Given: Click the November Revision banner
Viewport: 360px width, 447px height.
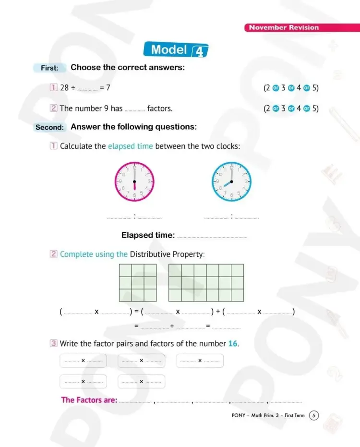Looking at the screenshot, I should click(284, 27).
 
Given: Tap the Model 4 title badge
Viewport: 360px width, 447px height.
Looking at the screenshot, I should click(176, 50).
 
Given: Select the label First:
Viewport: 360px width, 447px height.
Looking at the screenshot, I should click(49, 68).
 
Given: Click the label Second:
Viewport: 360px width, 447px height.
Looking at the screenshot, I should click(49, 128).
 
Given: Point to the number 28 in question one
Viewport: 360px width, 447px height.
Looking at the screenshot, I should click(64, 88).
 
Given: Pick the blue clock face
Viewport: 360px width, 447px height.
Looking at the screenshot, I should click(231, 181).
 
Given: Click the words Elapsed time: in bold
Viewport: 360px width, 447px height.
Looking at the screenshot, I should click(148, 235).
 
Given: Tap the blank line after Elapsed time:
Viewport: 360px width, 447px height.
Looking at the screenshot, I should click(212, 237).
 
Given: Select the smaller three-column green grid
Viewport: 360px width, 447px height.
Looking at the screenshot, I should click(138, 282).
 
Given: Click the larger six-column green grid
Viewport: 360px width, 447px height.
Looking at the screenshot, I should click(206, 282).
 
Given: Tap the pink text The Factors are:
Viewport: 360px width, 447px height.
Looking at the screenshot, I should click(89, 399).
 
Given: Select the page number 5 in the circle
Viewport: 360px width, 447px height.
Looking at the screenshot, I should click(314, 415).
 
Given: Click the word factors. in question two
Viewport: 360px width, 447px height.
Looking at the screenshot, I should click(160, 109).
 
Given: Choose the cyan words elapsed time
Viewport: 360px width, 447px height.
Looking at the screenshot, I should click(131, 146).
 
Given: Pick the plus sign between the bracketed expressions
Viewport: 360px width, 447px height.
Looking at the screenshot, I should click(218, 312).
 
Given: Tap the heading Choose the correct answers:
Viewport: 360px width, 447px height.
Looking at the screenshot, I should click(128, 67).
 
